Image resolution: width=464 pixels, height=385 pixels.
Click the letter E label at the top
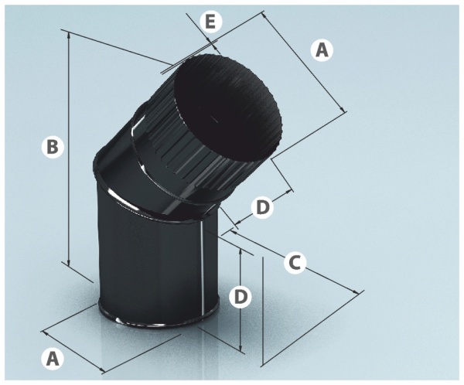[210, 22]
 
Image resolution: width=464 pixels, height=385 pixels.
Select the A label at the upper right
[322, 50]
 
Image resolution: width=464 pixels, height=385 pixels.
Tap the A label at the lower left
[53, 359]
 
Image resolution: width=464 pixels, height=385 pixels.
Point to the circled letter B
[53, 147]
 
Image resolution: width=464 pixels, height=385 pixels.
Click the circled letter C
[295, 262]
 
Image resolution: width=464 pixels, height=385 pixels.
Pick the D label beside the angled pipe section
[262, 207]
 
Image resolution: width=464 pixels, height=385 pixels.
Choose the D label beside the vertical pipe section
[241, 297]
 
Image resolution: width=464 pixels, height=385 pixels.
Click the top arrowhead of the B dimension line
[69, 36]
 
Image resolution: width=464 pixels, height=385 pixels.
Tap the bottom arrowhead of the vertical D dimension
[241, 348]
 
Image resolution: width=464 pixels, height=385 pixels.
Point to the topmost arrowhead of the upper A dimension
[264, 15]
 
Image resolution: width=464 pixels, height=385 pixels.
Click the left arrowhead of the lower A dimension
[46, 332]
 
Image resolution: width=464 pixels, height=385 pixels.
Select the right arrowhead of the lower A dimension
[102, 370]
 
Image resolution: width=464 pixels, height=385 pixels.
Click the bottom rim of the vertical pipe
[158, 320]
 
